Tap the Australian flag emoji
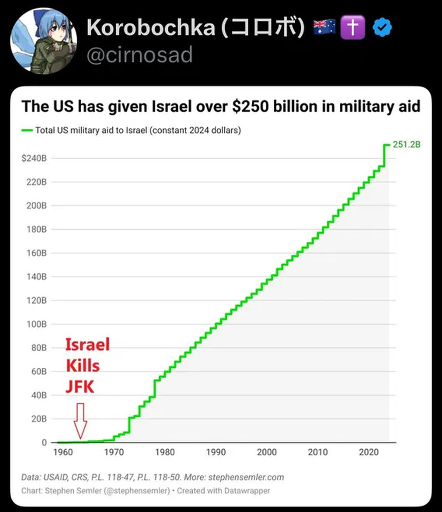pyautogui.click(x=324, y=28)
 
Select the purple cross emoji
pyautogui.click(x=352, y=28)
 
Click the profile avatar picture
pyautogui.click(x=44, y=41)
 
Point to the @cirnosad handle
pyautogui.click(x=140, y=54)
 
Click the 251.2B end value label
pyautogui.click(x=406, y=145)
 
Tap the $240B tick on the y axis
pyautogui.click(x=35, y=158)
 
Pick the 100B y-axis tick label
pyautogui.click(x=37, y=324)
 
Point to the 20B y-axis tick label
pyautogui.click(x=39, y=418)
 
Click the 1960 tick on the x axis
pyautogui.click(x=63, y=452)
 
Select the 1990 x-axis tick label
pyautogui.click(x=216, y=452)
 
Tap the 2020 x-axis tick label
pyautogui.click(x=369, y=452)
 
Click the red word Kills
pyautogui.click(x=83, y=365)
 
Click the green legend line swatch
pyautogui.click(x=27, y=131)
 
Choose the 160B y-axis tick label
pyautogui.click(x=37, y=253)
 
